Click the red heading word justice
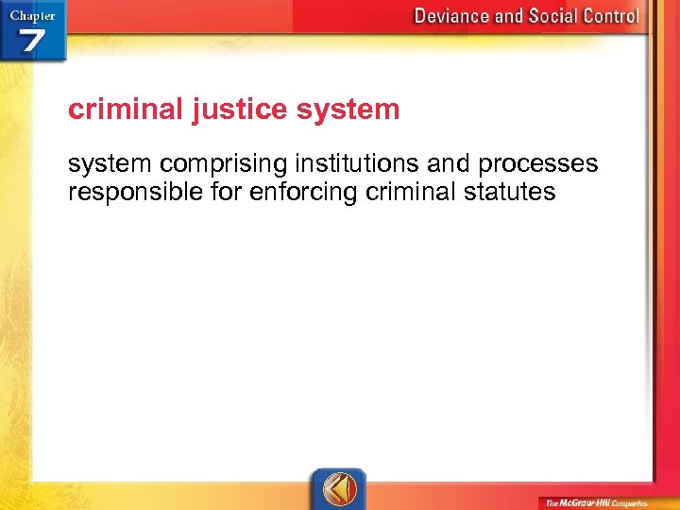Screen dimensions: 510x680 (240, 110)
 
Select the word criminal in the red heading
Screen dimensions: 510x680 (126, 110)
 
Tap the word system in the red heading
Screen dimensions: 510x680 (348, 110)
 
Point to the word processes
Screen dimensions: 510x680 (537, 163)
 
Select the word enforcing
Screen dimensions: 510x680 (289, 193)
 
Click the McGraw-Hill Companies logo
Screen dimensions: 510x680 (595, 502)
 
